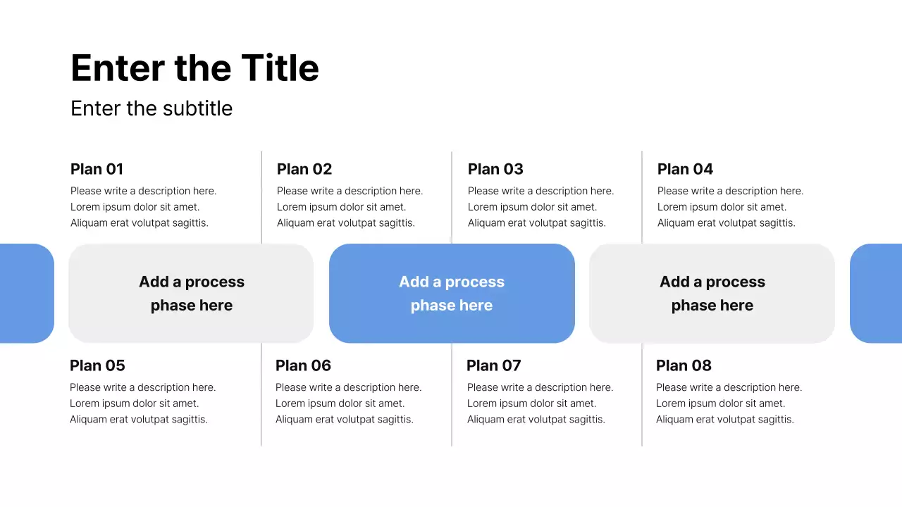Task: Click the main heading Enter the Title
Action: pyautogui.click(x=194, y=68)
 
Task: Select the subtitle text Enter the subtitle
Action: pyautogui.click(x=152, y=108)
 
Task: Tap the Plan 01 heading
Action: pyautogui.click(x=97, y=169)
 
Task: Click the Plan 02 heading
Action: pyautogui.click(x=304, y=169)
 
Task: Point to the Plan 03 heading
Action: pyautogui.click(x=495, y=169)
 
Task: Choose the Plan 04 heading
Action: pyautogui.click(x=685, y=169)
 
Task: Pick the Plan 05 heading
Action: pyautogui.click(x=97, y=365)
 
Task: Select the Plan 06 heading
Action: pyautogui.click(x=303, y=365)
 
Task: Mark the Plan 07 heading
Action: pyautogui.click(x=493, y=365)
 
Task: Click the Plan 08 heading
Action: pyautogui.click(x=684, y=365)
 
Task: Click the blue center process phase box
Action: pyautogui.click(x=452, y=294)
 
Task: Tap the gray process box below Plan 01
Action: pyautogui.click(x=191, y=294)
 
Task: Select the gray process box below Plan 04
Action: pyautogui.click(x=712, y=294)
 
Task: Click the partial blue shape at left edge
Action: pyautogui.click(x=26, y=294)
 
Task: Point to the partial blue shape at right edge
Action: pyautogui.click(x=876, y=294)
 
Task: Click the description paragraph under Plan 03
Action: pyautogui.click(x=540, y=207)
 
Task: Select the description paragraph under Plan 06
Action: pyautogui.click(x=348, y=403)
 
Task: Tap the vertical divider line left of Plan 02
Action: pyautogui.click(x=261, y=197)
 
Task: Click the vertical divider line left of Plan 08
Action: pyautogui.click(x=642, y=394)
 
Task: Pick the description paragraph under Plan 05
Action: pyautogui.click(x=142, y=403)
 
